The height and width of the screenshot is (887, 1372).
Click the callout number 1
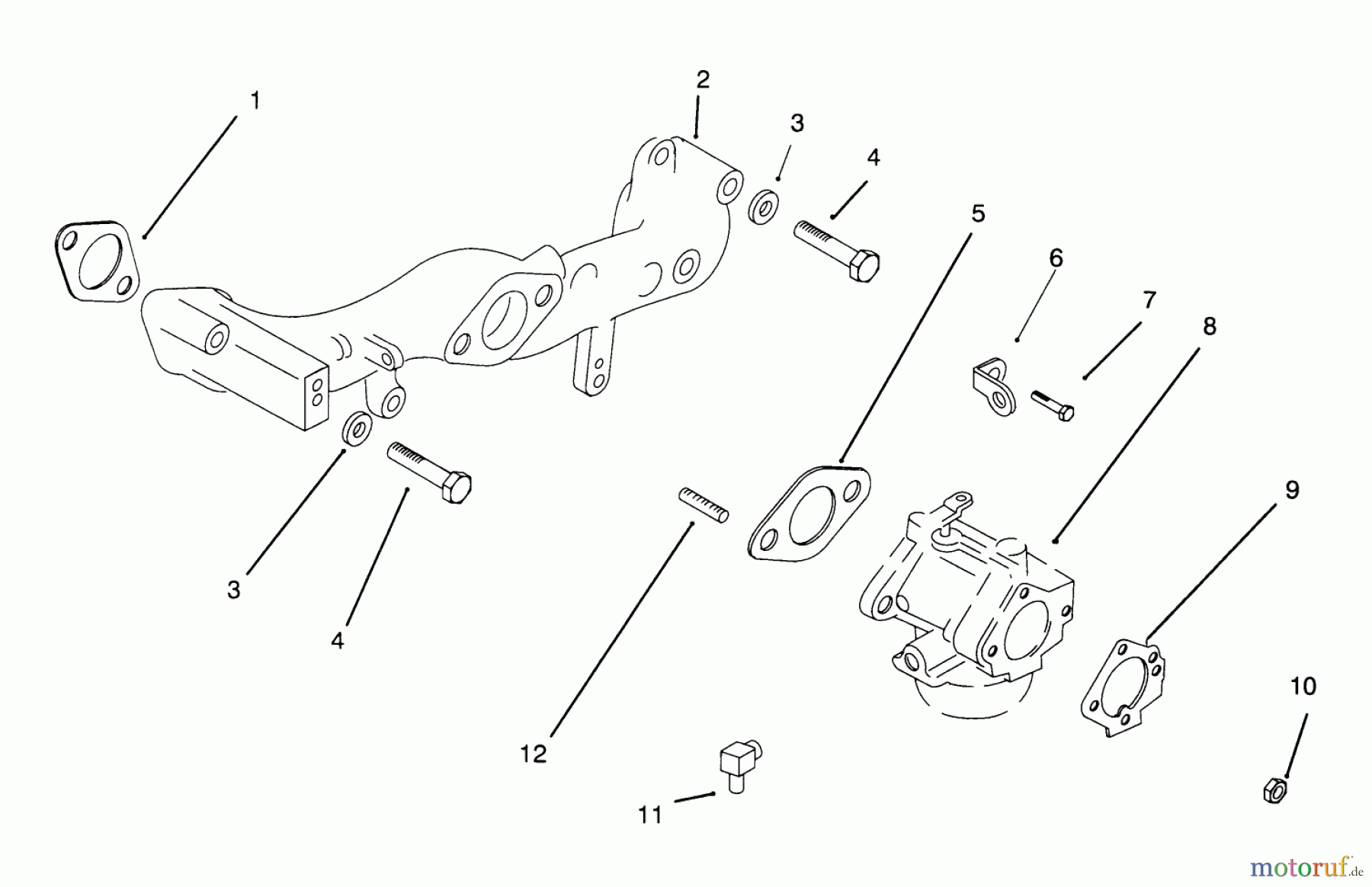coord(255,101)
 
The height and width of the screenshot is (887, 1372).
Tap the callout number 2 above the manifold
coord(702,79)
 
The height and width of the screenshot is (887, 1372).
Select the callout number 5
coord(978,213)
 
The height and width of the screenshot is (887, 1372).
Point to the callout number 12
coord(534,754)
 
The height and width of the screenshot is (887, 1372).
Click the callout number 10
coord(1303,686)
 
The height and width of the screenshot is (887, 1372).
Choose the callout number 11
coord(650,815)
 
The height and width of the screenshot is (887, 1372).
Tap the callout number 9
coord(1292,489)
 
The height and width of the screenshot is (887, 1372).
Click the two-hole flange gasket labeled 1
coord(98,261)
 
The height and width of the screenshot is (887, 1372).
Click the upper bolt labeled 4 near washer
coord(837,248)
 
